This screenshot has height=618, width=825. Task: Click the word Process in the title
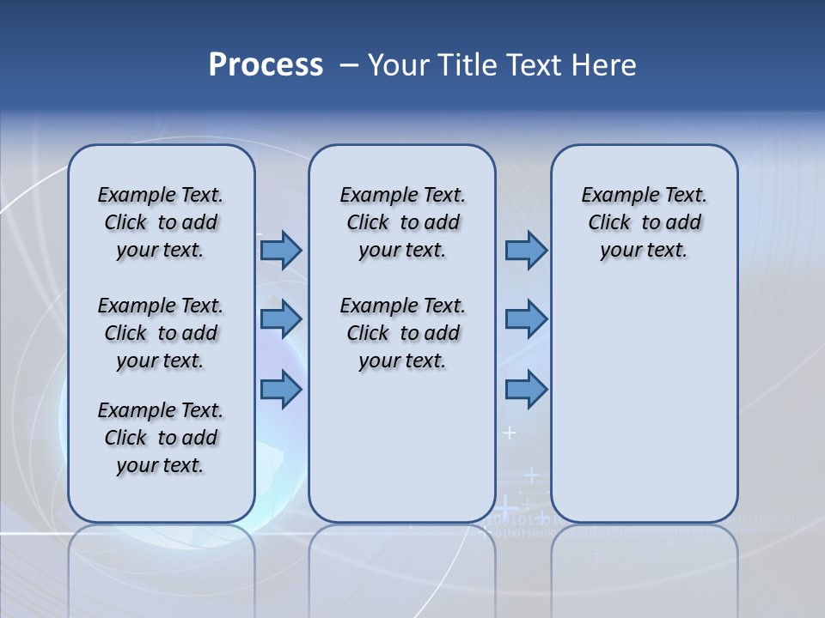pos(266,65)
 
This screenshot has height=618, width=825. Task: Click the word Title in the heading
pos(468,65)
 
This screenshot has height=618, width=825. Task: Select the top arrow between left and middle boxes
pos(281,251)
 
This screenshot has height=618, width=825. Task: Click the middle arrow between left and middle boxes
pos(281,319)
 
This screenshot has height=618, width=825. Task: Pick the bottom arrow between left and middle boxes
pos(281,389)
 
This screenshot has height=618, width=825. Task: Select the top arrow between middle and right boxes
pos(526,251)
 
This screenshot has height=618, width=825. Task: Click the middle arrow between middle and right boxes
pos(526,319)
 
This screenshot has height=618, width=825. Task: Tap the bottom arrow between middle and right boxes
pos(526,389)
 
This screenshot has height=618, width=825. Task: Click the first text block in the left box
pos(161,222)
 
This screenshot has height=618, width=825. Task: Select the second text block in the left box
pos(161,333)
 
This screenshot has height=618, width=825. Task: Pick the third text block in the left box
pos(161,438)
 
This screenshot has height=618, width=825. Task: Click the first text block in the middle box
pos(402,222)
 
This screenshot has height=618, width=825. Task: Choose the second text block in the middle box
pos(402,333)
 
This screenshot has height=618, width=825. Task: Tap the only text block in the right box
pos(644,222)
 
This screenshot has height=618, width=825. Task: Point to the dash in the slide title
pos(349,66)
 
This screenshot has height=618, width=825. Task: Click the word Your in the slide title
pos(400,65)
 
